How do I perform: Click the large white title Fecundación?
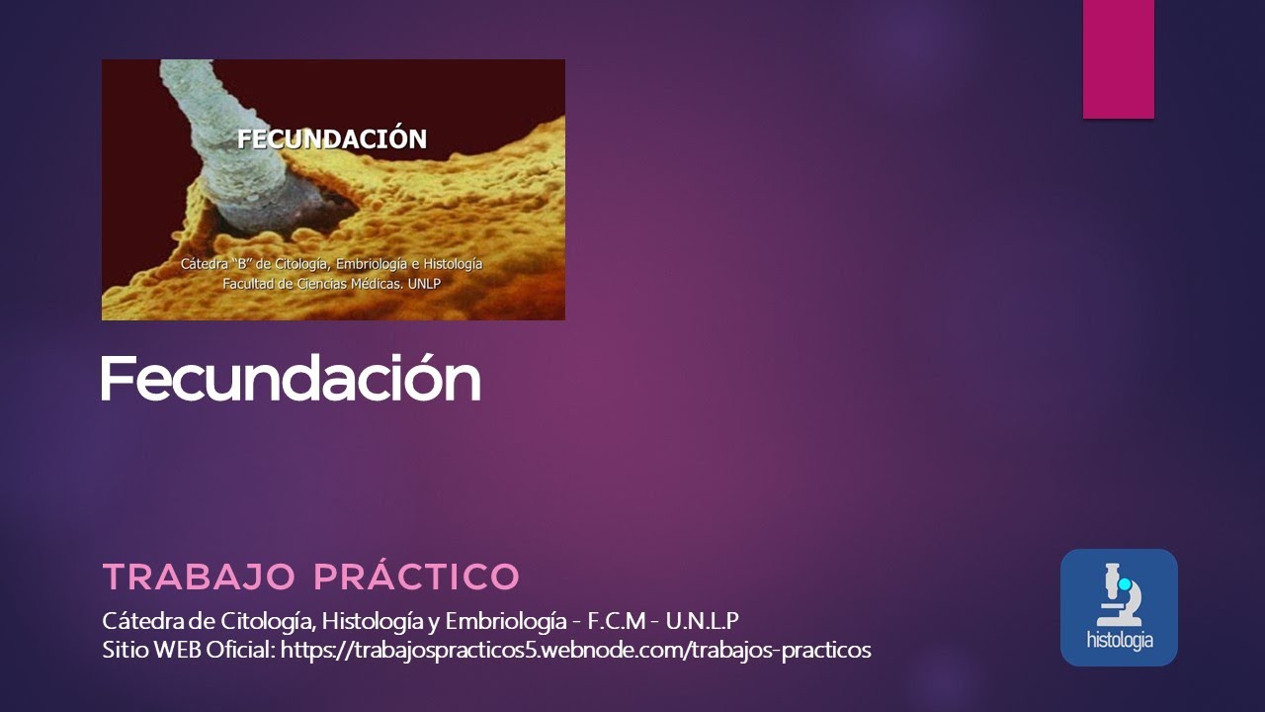tap(290, 378)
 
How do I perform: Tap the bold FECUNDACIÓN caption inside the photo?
tap(332, 138)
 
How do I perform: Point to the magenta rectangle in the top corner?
tap(1118, 59)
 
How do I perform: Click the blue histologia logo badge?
tap(1119, 607)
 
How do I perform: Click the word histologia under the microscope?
tap(1119, 640)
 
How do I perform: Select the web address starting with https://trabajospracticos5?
tap(576, 650)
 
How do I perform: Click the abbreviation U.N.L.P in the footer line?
tap(703, 621)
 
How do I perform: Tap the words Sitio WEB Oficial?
tap(189, 650)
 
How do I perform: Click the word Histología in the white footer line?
tap(375, 621)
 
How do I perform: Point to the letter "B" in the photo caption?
tap(244, 264)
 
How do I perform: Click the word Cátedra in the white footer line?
tap(138, 621)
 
